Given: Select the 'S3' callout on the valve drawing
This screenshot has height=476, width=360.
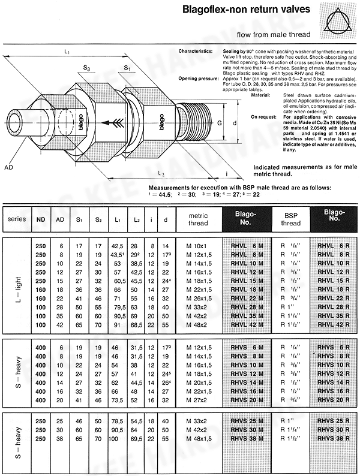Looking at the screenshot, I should tap(88, 70).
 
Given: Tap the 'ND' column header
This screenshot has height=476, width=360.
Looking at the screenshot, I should tap(41, 219).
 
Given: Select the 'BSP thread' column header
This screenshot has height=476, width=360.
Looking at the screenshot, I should tap(290, 219).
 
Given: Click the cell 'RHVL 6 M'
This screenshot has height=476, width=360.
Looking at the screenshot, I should tap(247, 246).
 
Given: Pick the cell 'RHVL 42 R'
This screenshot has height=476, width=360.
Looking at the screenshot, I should tap(331, 324).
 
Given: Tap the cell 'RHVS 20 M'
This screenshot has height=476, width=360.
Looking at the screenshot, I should tap(247, 399).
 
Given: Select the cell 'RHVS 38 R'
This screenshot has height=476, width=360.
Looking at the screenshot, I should tap(331, 438).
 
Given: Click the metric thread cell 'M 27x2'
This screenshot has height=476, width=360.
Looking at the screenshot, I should tap(196, 399).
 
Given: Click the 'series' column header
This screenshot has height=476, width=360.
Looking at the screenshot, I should tap(17, 219).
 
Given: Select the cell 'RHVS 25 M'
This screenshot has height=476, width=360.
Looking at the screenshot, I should tap(247, 421).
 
